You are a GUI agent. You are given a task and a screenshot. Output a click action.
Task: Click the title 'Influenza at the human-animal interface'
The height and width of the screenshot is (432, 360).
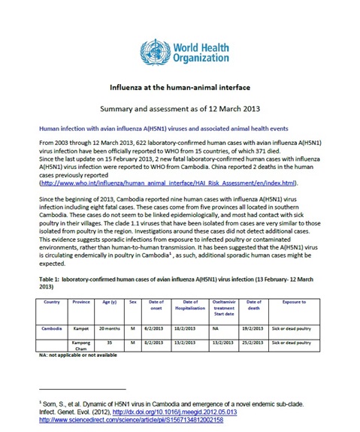click(x=180, y=88)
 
